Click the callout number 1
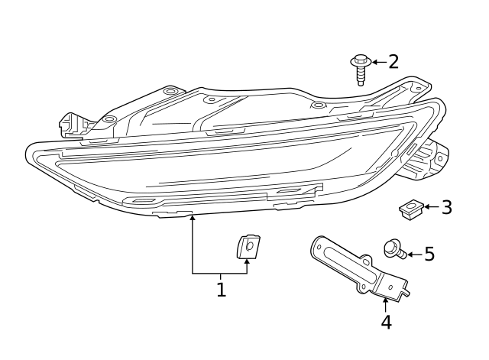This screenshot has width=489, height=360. pos(221,290)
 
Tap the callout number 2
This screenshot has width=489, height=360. pos(393,62)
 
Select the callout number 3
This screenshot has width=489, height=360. pos(446,207)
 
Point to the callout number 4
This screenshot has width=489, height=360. pos(386,322)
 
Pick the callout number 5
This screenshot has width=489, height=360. pos(429,254)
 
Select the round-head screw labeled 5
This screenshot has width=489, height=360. pos(392,248)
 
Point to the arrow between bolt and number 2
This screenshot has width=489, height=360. pos(377,61)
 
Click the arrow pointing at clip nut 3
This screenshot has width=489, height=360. pos(429,207)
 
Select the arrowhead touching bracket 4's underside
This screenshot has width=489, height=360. pos(385,300)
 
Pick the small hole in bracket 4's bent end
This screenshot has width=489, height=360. pos(390,287)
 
